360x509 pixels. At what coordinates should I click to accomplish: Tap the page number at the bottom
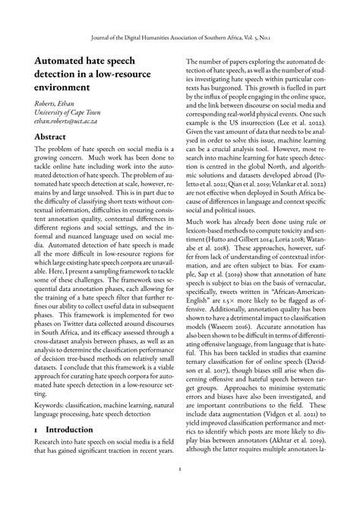click(x=180, y=490)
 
